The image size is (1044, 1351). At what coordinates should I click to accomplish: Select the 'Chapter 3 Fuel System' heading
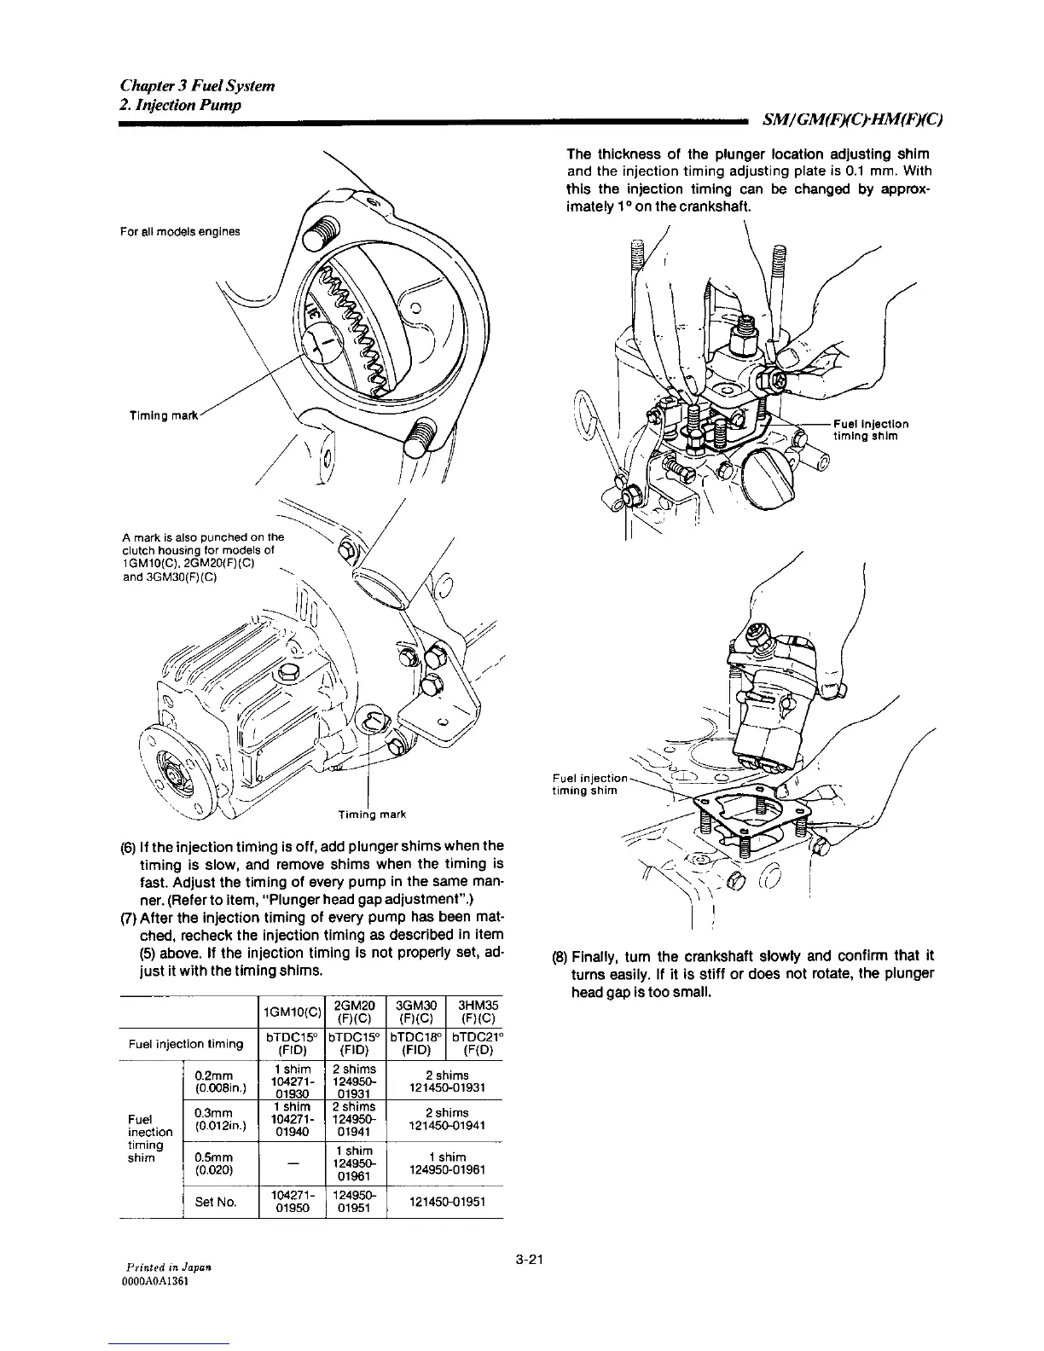[x=197, y=86]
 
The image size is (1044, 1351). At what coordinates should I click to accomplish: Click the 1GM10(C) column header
[x=292, y=1012]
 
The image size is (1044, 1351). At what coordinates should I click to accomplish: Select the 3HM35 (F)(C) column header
[x=475, y=1012]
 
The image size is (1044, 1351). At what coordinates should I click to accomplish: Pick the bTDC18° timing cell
[x=416, y=1044]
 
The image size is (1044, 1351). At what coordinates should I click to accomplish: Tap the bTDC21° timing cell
[x=475, y=1044]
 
